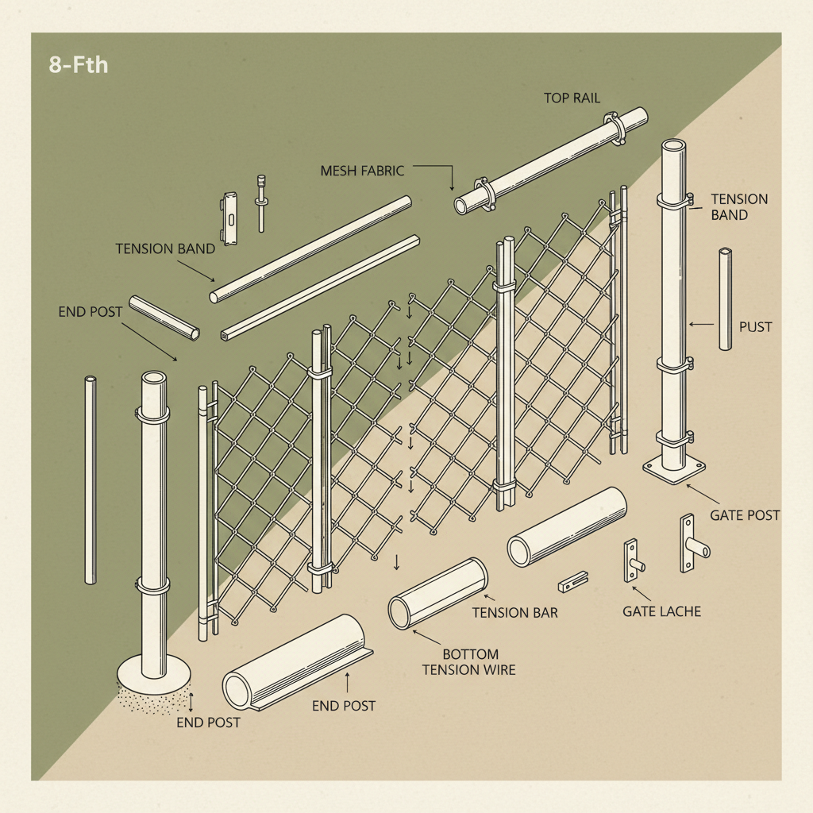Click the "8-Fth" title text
click(78, 65)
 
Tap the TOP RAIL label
click(572, 98)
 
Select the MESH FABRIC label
click(362, 171)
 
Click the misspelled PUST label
click(755, 326)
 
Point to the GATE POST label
click(745, 515)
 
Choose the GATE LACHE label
click(661, 611)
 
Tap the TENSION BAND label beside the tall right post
click(738, 206)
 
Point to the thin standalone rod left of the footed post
click(90, 480)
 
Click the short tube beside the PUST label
click(725, 299)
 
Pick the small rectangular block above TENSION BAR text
click(572, 582)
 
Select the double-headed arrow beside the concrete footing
click(191, 700)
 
